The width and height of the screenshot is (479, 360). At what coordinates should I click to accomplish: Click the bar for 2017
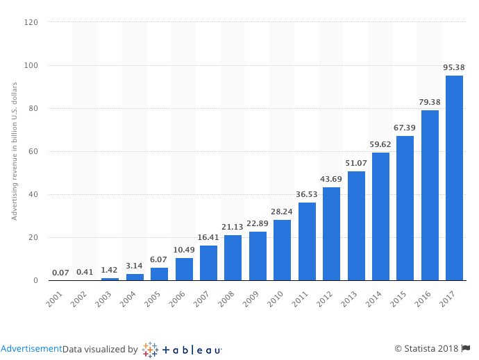point(454,178)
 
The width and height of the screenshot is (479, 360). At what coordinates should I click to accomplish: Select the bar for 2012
point(331,234)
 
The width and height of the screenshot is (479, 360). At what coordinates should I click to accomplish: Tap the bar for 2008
point(233,257)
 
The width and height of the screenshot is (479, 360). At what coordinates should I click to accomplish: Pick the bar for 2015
point(405,208)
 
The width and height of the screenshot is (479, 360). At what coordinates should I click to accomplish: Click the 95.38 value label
point(454,67)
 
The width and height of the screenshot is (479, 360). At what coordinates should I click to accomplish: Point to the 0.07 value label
point(60,273)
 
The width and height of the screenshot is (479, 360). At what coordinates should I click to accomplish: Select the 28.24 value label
point(282,212)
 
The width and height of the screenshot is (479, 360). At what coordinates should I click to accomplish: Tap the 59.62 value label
point(380,144)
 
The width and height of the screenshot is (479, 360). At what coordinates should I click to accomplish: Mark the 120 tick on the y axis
point(32,22)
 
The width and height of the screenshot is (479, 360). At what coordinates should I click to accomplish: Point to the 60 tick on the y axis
point(34,151)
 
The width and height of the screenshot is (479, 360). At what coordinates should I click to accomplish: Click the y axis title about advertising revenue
point(14,151)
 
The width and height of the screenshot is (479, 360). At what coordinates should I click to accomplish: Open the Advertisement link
point(31,349)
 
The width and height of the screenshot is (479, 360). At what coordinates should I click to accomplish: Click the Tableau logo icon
point(150,349)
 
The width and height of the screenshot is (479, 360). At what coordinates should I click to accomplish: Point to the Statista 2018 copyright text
point(427,349)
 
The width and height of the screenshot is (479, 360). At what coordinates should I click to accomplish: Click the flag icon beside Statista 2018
point(466,349)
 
